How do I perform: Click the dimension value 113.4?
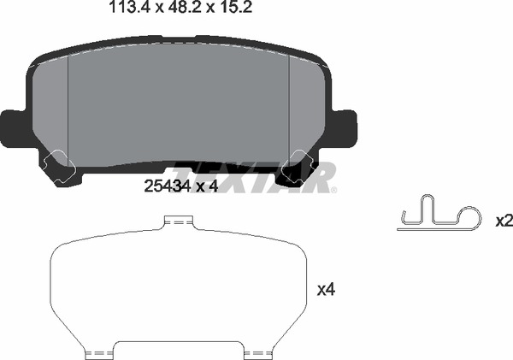130,7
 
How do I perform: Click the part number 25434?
168,186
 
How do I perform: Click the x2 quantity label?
504,221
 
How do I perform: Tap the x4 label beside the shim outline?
327,289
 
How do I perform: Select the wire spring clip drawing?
439,213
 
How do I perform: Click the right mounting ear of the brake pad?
345,128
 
